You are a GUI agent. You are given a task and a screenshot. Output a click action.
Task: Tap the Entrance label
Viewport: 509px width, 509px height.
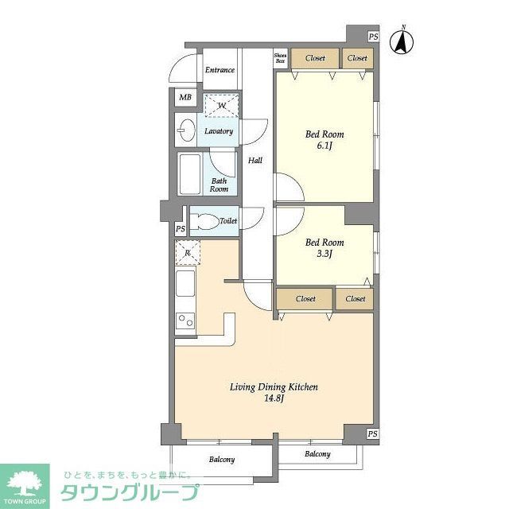(220, 70)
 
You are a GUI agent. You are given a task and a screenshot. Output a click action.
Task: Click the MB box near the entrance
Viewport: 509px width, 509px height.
(185, 98)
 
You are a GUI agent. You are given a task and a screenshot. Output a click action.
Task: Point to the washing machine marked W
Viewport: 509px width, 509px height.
(222, 105)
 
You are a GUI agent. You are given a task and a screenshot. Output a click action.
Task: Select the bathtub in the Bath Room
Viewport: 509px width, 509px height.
(190, 173)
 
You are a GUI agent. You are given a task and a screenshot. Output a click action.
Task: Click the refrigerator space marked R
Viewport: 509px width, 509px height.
(188, 253)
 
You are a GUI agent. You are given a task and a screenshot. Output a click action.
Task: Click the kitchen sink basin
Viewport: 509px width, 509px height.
(185, 283)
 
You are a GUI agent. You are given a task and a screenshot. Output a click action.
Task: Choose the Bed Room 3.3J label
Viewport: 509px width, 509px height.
(324, 248)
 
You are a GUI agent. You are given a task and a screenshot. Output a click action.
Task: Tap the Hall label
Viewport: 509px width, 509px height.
(254, 161)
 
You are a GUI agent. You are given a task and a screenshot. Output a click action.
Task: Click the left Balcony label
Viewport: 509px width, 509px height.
(222, 460)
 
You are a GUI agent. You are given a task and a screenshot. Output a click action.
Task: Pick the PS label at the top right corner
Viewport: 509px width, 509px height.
(373, 37)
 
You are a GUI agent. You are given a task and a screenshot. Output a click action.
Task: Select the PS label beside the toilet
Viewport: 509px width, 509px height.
(181, 229)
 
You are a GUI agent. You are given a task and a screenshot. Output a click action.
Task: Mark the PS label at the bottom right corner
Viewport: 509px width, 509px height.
(373, 433)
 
